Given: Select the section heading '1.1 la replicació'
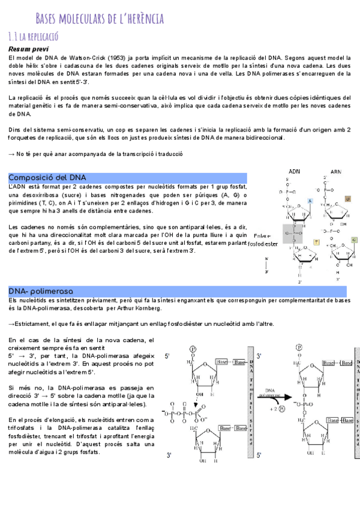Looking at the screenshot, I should point(33,37).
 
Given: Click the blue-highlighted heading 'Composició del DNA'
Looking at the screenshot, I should point(47,178).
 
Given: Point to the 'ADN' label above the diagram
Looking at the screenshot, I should point(295,170).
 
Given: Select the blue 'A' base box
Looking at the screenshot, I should point(310,200).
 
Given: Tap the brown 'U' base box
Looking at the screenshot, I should point(347,199).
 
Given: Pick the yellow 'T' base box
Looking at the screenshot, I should point(316,242).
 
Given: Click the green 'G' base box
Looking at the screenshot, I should point(354,240).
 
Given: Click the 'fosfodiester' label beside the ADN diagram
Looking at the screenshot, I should point(263,244).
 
